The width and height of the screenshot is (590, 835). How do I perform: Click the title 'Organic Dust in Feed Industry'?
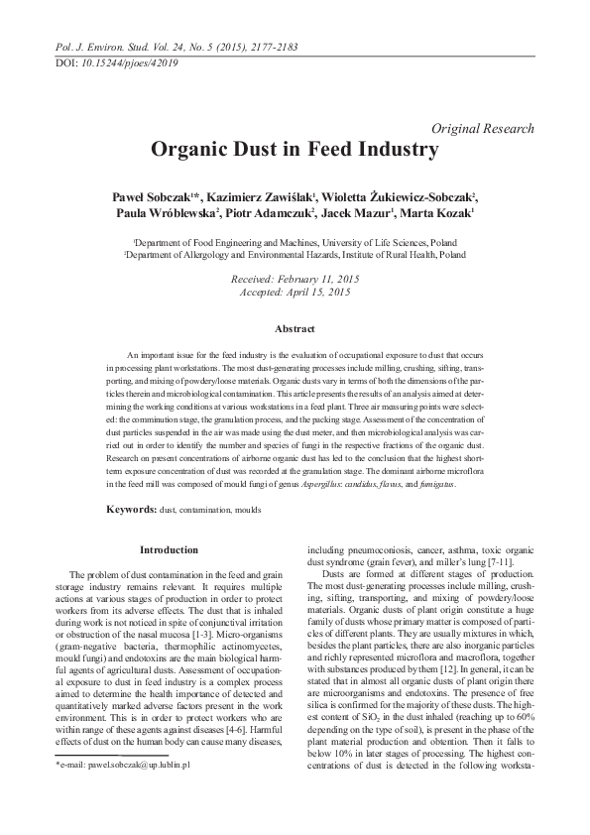click(x=295, y=150)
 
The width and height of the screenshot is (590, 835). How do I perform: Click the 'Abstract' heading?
click(x=295, y=329)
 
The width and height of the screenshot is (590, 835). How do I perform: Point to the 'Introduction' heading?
click(x=169, y=549)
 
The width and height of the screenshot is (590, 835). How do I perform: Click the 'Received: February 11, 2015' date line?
click(x=295, y=281)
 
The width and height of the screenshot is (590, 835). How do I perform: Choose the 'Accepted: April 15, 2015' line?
click(x=295, y=294)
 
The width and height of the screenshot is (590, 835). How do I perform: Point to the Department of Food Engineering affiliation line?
click(x=295, y=242)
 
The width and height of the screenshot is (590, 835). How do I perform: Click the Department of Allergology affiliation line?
click(x=295, y=254)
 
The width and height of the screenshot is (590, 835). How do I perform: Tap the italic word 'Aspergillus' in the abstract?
click(x=331, y=483)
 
